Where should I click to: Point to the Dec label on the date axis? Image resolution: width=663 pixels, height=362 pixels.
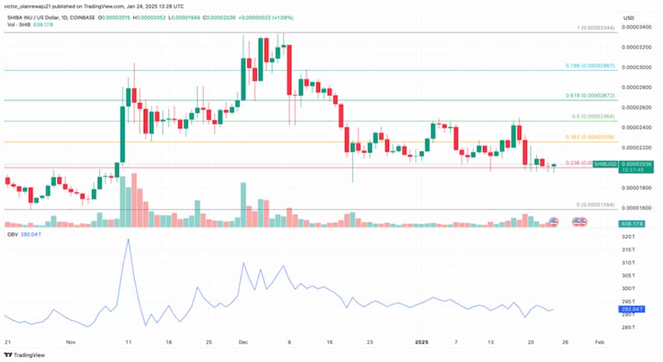point(244,343)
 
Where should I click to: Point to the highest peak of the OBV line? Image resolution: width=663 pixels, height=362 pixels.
point(128,239)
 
